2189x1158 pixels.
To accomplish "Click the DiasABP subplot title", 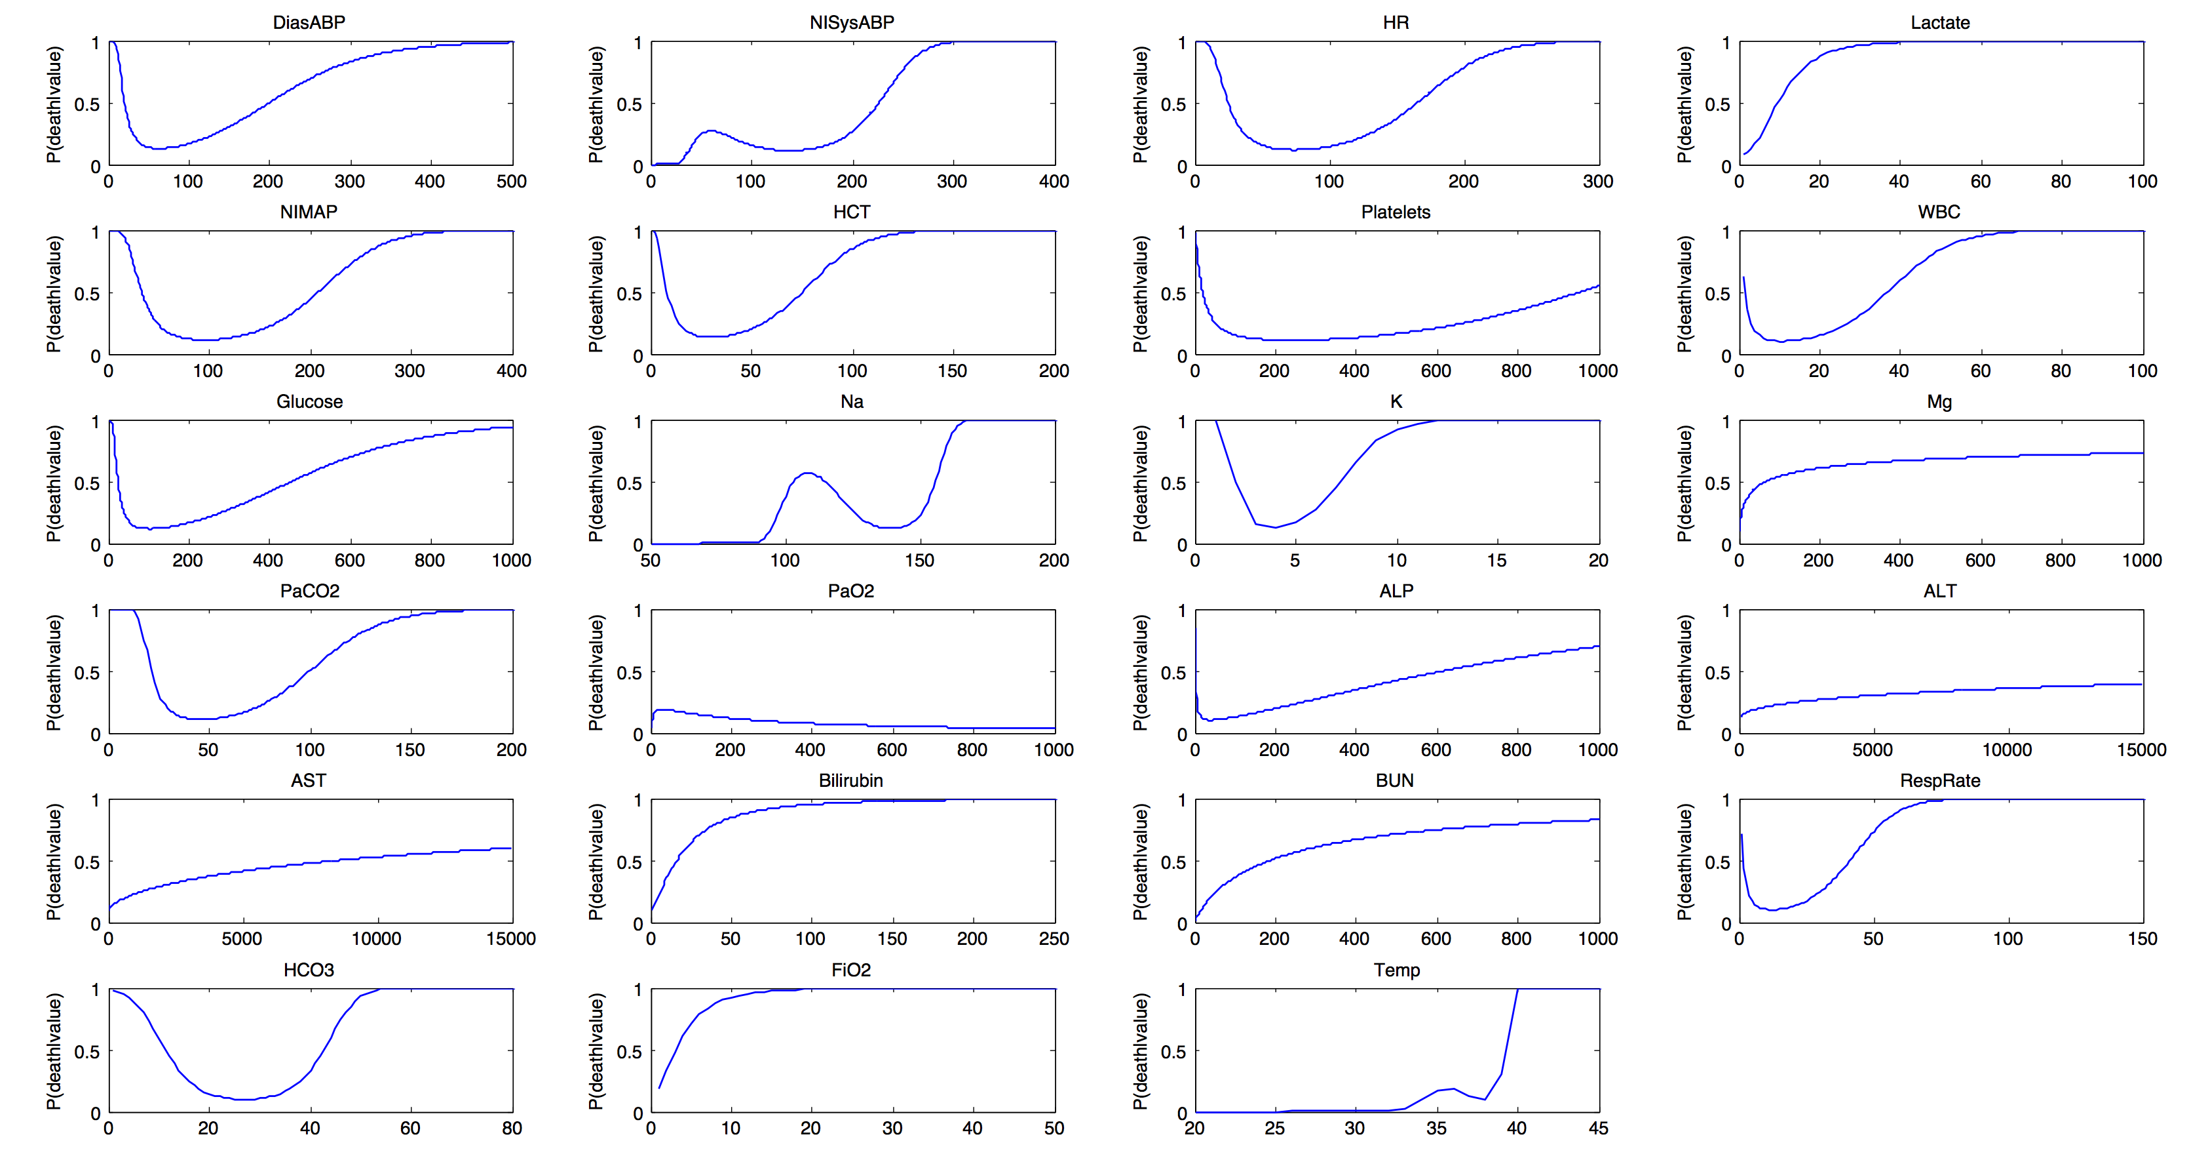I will point(309,23).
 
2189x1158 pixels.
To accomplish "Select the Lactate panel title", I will point(1940,23).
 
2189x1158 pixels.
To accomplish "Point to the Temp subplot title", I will point(1396,970).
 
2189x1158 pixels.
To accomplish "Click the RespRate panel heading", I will point(1940,780).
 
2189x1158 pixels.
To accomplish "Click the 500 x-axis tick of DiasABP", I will point(512,181).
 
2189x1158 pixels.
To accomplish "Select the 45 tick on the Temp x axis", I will point(1599,1128).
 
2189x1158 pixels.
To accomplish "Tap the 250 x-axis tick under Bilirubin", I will point(1054,938).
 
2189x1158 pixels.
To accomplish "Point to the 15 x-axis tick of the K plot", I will point(1496,560).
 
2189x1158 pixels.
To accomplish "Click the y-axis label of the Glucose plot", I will point(54,483).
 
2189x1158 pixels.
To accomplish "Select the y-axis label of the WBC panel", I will point(1685,293).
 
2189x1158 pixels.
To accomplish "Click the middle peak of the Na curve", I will point(807,473).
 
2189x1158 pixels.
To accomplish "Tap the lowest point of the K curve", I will point(1274,527).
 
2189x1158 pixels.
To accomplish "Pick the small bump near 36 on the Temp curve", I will point(1453,1088).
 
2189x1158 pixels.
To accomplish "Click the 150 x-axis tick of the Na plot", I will point(919,560).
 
